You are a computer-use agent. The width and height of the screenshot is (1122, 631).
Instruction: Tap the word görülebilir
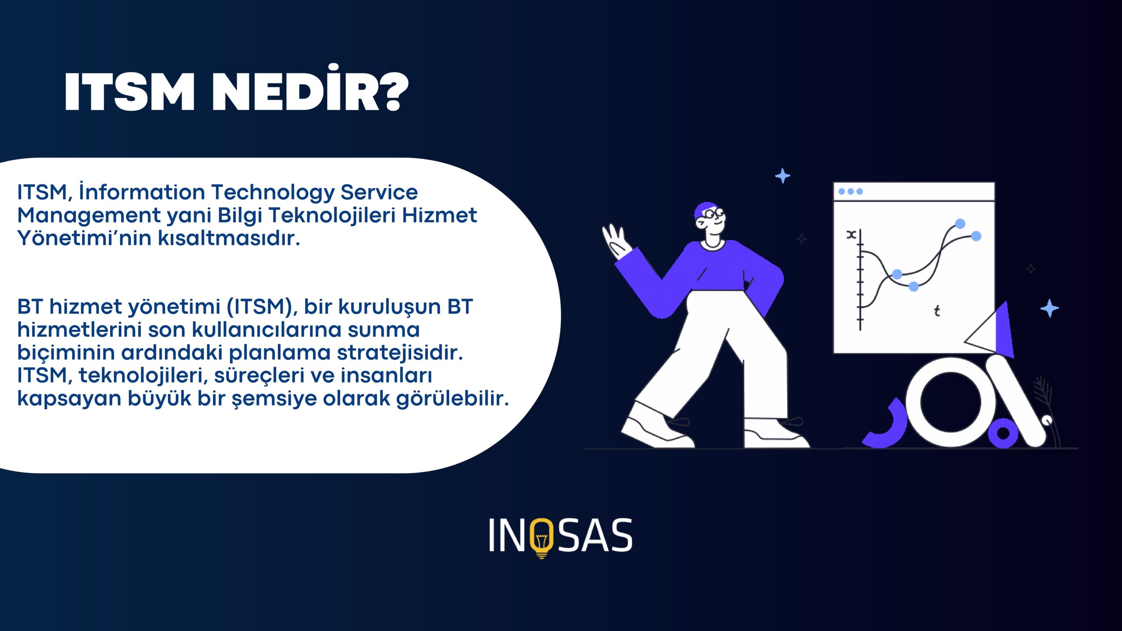point(452,399)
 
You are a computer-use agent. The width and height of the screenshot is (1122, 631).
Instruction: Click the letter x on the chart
point(851,234)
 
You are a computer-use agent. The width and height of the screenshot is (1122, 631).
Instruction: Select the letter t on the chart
point(937,311)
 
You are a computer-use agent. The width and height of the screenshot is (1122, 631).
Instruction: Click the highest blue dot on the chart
point(960,224)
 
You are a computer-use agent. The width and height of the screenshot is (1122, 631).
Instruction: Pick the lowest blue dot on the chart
point(913,287)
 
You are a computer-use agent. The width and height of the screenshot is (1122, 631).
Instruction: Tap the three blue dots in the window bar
point(851,191)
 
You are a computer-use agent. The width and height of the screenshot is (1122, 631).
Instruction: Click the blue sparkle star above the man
point(782,176)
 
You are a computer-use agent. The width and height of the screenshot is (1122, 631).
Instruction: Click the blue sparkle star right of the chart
point(1049,308)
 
